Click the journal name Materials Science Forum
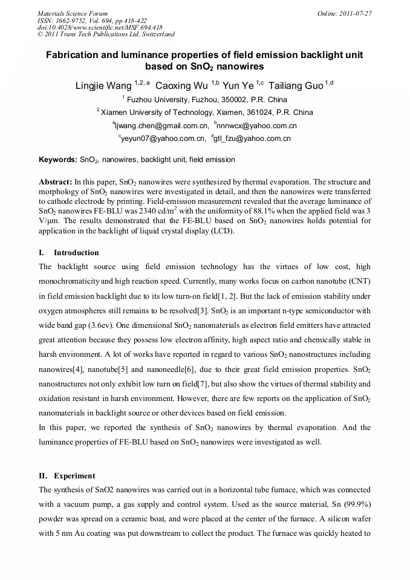pos(73,13)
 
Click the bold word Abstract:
pos(56,181)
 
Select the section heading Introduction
pos(76,253)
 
